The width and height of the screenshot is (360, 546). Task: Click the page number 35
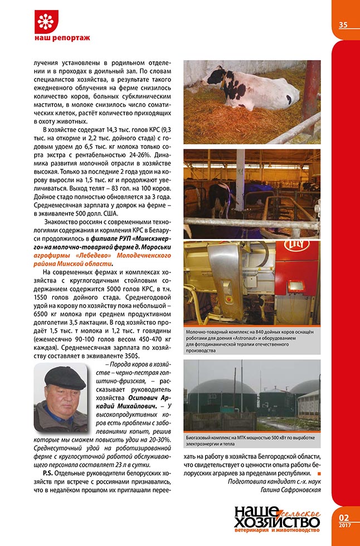click(x=343, y=25)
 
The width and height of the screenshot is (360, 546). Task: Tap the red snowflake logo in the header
click(x=43, y=21)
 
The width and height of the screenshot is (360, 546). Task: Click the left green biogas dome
click(x=215, y=397)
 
